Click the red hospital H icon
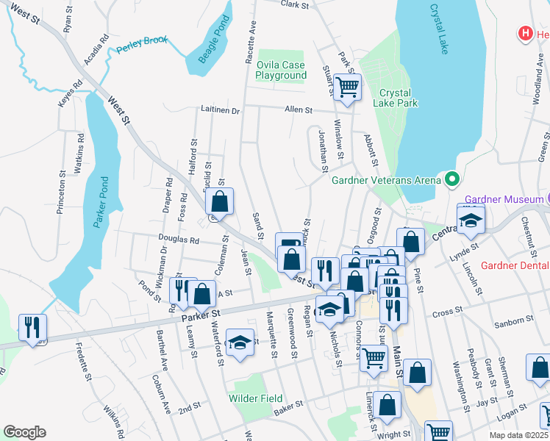[525, 33]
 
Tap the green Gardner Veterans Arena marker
[452, 179]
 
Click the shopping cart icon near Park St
[348, 87]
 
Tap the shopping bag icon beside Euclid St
[219, 201]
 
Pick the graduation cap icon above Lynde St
[471, 219]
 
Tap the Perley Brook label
[142, 51]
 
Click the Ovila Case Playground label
[281, 71]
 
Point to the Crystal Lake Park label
[399, 98]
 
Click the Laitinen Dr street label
[220, 110]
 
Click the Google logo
[24, 432]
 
